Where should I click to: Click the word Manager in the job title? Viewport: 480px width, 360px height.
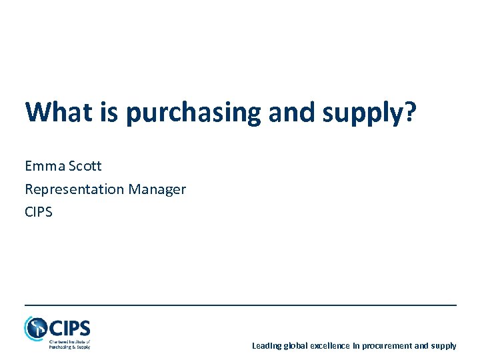click(x=157, y=189)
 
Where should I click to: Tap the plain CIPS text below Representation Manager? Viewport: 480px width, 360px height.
click(x=39, y=212)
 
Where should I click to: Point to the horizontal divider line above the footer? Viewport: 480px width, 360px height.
click(x=240, y=305)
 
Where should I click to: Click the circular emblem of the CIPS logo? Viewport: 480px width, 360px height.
click(x=35, y=328)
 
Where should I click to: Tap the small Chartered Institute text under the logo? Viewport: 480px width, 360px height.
click(x=69, y=344)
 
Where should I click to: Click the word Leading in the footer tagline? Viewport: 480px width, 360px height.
click(x=267, y=345)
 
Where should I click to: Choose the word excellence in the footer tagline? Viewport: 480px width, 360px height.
click(x=333, y=345)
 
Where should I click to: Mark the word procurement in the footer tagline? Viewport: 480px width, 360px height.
click(x=387, y=345)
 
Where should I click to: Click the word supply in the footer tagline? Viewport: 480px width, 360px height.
click(x=443, y=345)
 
